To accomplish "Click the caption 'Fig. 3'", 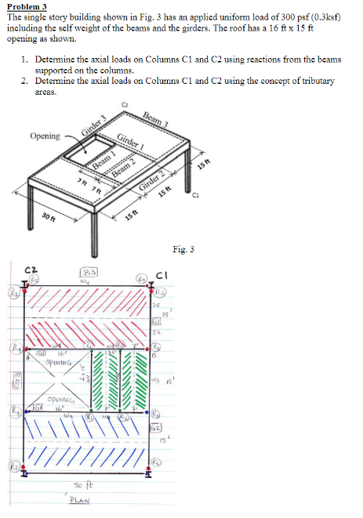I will coord(182,250).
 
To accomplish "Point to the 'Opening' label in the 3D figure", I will coord(45,136).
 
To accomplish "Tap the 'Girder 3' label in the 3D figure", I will coord(93,125).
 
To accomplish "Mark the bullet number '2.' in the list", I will coord(25,81).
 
